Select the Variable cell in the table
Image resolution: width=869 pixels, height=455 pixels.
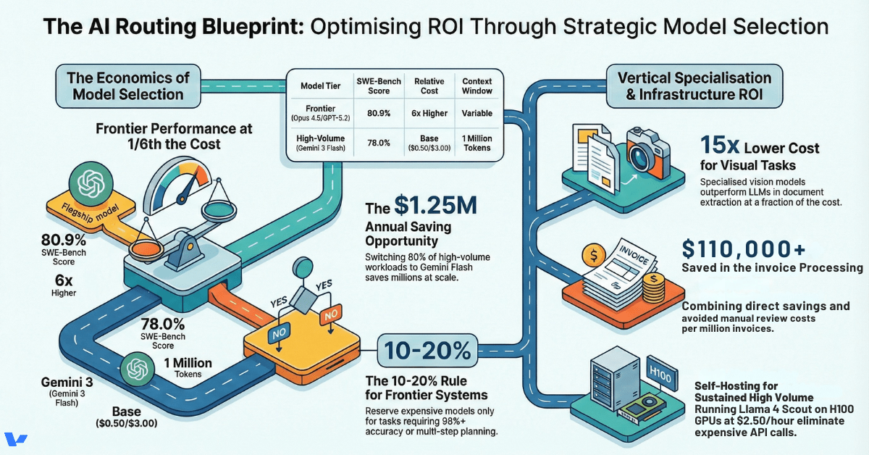pyautogui.click(x=477, y=113)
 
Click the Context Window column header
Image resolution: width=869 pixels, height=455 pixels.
pyautogui.click(x=477, y=85)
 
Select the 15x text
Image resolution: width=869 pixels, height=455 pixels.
pyautogui.click(x=721, y=146)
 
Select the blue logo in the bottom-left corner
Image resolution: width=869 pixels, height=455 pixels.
pyautogui.click(x=16, y=440)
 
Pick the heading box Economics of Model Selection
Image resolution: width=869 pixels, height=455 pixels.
pyautogui.click(x=127, y=86)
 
